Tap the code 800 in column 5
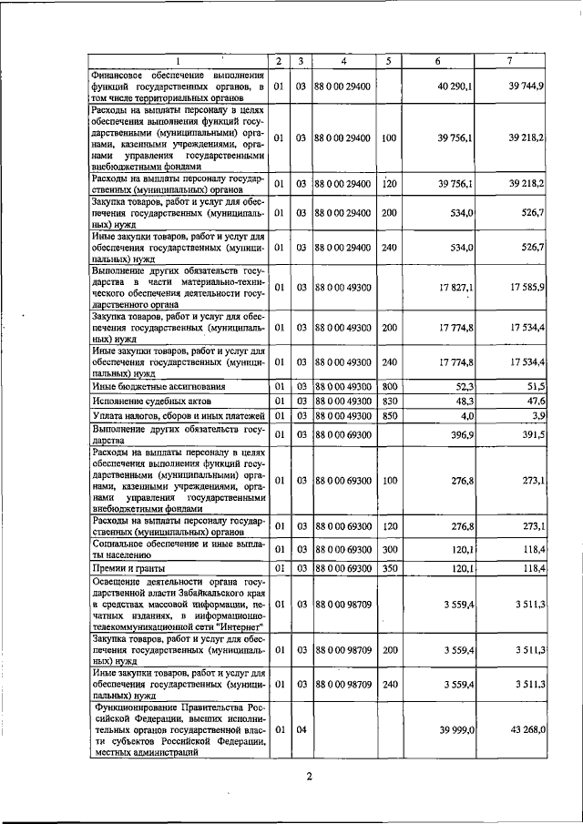tap(389, 387)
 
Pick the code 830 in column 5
tap(389, 402)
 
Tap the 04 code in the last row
tap(300, 728)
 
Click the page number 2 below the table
tap(309, 777)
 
